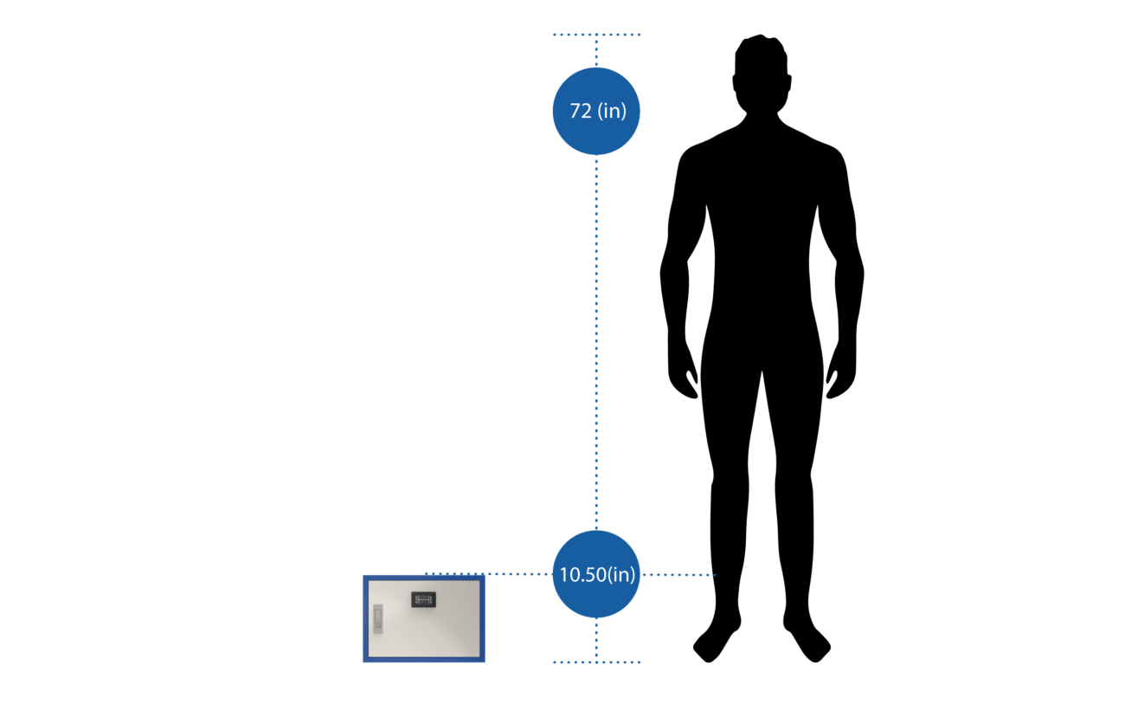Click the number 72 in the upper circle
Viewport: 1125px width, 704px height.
[578, 112]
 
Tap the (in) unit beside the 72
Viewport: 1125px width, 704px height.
[610, 112]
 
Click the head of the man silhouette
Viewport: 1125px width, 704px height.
[761, 74]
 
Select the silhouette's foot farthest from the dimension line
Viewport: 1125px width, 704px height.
[809, 643]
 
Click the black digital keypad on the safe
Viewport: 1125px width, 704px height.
[422, 599]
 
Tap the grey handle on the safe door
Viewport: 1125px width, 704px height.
[377, 617]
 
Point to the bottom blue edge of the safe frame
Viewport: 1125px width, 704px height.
[424, 660]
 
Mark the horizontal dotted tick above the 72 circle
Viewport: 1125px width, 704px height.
[596, 36]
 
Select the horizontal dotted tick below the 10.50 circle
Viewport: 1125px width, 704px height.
[596, 662]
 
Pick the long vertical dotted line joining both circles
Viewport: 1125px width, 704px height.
[596, 346]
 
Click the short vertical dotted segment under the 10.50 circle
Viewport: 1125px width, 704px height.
[596, 641]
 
